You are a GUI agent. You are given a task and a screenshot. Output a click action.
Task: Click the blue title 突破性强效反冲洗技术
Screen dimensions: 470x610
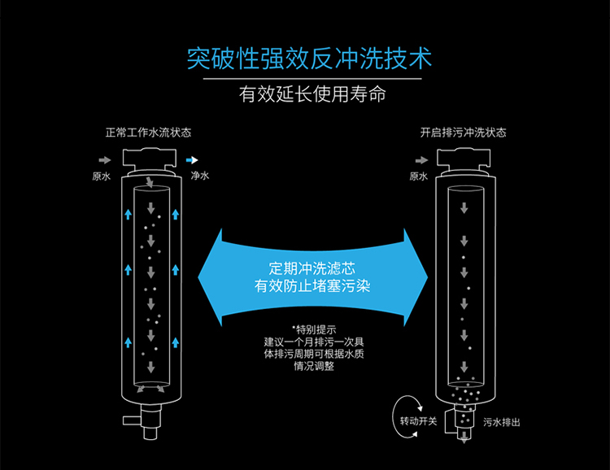tap(309, 59)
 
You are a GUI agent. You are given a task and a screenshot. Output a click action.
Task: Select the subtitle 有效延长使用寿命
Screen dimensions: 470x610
tap(312, 95)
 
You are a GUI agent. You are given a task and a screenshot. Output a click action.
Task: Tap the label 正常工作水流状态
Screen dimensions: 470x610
tap(149, 133)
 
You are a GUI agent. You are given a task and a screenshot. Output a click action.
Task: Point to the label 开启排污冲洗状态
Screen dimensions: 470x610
tap(463, 133)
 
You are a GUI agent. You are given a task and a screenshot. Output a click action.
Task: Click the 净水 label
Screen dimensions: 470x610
tap(199, 176)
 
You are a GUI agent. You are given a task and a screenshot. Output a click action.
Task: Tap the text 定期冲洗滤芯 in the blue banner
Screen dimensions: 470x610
tap(313, 268)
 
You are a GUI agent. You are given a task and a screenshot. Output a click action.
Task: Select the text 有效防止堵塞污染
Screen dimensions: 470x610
tap(313, 285)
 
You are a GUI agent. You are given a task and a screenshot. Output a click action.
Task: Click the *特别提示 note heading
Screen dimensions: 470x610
tap(313, 329)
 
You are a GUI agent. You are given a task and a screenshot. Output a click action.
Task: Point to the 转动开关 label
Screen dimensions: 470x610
tap(419, 421)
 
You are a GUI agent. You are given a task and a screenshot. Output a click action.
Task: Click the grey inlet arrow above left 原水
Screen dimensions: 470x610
tap(103, 161)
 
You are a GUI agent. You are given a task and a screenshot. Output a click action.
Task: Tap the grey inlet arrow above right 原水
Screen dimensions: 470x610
tap(418, 161)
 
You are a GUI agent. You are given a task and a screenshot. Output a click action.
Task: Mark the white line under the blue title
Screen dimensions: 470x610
tap(312, 79)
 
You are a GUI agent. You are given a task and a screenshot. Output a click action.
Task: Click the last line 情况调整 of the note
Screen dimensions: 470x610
tap(313, 366)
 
